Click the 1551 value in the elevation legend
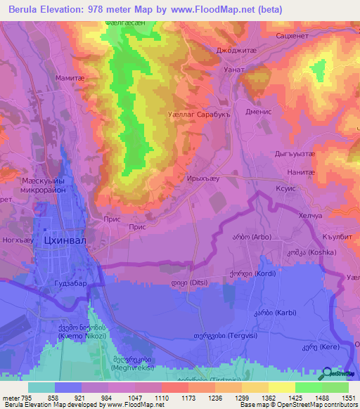(349, 398)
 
